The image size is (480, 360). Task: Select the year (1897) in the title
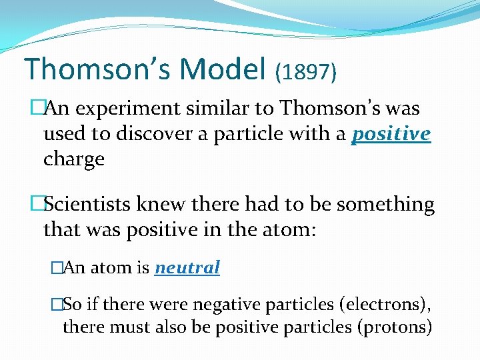[305, 72]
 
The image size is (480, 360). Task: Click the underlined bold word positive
[391, 135]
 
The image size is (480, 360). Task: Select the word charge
[74, 160]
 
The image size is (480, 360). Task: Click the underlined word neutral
[187, 268]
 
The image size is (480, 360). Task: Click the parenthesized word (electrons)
[385, 305]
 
